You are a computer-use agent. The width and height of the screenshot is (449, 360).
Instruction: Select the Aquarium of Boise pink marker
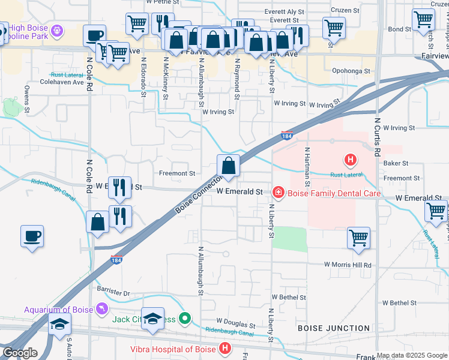click(x=103, y=308)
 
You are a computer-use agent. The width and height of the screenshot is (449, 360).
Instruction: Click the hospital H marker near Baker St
click(x=350, y=160)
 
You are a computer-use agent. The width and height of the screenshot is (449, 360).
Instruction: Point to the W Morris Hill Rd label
click(x=348, y=265)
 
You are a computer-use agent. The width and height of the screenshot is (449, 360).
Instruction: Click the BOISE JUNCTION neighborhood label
click(x=334, y=328)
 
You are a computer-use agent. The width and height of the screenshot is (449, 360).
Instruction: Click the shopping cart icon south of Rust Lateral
click(x=358, y=238)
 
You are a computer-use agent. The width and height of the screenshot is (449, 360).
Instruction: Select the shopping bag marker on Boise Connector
click(x=228, y=166)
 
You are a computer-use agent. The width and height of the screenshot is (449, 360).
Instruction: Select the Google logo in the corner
click(x=20, y=353)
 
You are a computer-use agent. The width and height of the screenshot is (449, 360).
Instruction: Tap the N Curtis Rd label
click(x=378, y=137)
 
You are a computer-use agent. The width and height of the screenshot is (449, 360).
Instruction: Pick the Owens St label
click(x=27, y=99)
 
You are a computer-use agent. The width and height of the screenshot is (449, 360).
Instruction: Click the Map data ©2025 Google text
click(x=412, y=355)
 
